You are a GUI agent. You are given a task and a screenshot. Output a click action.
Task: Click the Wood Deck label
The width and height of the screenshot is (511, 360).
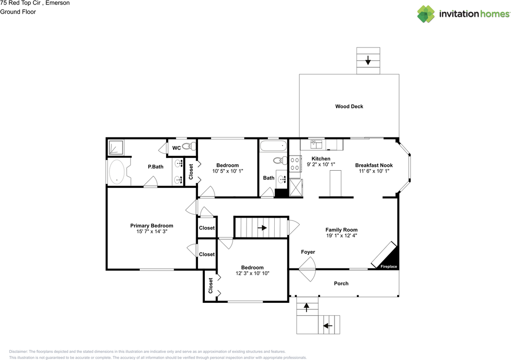coord(349,106)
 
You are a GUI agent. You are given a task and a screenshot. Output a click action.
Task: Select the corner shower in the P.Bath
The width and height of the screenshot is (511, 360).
coord(116,147)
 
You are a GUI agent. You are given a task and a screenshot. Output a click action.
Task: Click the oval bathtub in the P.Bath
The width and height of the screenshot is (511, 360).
coord(117,172)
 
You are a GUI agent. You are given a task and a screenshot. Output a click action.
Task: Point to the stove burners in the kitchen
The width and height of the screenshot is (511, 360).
coord(295,164)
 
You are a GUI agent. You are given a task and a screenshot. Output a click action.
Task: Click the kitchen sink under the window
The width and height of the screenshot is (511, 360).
coord(316,145)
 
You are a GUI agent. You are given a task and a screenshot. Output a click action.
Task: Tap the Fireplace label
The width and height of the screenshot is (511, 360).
coord(388,267)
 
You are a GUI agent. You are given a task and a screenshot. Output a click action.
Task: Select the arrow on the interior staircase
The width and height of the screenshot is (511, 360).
coord(262,228)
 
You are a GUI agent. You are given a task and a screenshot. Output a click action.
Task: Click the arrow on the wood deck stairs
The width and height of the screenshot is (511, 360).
coord(368,60)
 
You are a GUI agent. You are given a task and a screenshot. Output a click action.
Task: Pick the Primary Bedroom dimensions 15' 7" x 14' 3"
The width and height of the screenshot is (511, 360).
coord(152,231)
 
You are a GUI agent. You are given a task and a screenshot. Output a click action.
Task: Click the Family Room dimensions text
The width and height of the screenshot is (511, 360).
coord(341,236)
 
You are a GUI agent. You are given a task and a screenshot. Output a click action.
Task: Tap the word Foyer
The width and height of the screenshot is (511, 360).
coord(308,252)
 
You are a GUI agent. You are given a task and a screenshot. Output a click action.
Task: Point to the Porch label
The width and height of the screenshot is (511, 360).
coord(341,284)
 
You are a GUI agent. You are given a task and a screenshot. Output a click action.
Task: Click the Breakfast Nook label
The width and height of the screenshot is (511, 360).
coord(374,165)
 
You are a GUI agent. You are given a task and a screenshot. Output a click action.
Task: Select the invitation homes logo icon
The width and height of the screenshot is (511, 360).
coord(426,14)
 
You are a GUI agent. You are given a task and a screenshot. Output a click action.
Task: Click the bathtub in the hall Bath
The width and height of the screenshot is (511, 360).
coord(273,146)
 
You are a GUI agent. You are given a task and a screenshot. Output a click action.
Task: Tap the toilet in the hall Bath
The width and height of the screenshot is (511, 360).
coord(280,160)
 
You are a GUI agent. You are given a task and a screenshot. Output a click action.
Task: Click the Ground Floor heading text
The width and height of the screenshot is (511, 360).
coord(18,12)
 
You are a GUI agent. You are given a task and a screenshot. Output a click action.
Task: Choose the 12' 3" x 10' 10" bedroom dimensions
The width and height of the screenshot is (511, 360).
coord(252,273)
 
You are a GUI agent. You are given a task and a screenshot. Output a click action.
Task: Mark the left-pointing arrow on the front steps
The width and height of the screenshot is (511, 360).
coord(328,326)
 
